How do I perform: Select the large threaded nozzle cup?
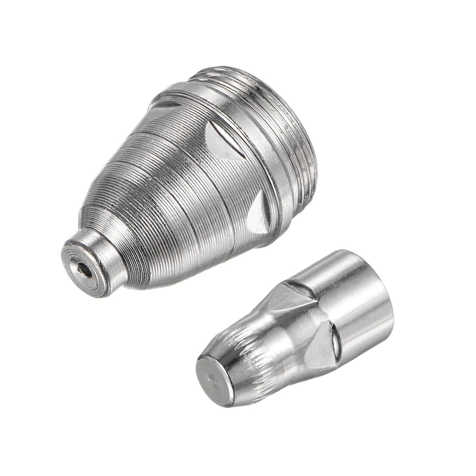pyautogui.click(x=190, y=173)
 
